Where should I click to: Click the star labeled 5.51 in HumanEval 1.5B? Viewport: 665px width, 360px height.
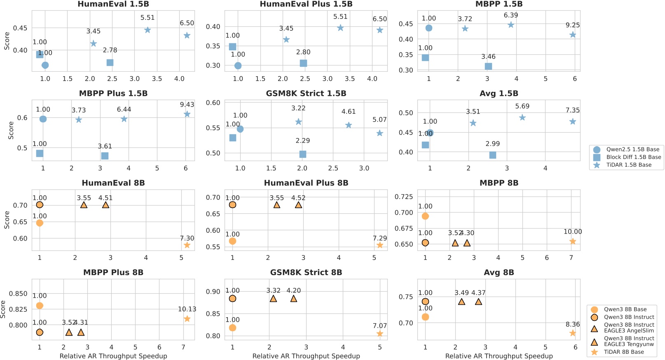pyautogui.click(x=148, y=30)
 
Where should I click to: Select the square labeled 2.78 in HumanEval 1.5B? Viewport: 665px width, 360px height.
pyautogui.click(x=110, y=63)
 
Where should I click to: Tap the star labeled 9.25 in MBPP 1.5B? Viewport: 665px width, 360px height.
pyautogui.click(x=573, y=35)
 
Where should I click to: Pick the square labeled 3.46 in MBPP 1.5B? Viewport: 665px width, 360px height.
pyautogui.click(x=488, y=66)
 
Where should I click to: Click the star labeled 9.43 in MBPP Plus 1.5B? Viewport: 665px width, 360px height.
pyautogui.click(x=187, y=114)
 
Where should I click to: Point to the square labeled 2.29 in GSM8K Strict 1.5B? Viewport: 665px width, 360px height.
pyautogui.click(x=303, y=154)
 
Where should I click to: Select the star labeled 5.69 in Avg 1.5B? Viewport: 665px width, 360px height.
pyautogui.click(x=522, y=118)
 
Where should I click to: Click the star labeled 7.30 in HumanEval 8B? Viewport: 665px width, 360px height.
pyautogui.click(x=187, y=245)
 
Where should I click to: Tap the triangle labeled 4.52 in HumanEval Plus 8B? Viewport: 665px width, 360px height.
pyautogui.click(x=298, y=205)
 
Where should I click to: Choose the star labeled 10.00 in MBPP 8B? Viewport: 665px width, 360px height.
pyautogui.click(x=573, y=241)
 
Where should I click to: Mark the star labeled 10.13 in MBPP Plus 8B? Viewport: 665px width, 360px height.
pyautogui.click(x=187, y=319)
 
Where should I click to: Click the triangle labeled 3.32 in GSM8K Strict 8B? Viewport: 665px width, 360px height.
pyautogui.click(x=273, y=299)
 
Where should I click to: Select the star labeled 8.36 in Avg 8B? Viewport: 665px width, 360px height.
pyautogui.click(x=573, y=333)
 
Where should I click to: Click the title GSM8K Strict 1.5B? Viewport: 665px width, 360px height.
pyautogui.click(x=306, y=94)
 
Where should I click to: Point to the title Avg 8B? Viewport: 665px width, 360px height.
pyautogui.click(x=499, y=272)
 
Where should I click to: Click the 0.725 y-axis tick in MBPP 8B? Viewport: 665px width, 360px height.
pyautogui.click(x=404, y=196)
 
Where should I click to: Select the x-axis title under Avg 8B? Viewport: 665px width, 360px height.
pyautogui.click(x=499, y=356)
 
